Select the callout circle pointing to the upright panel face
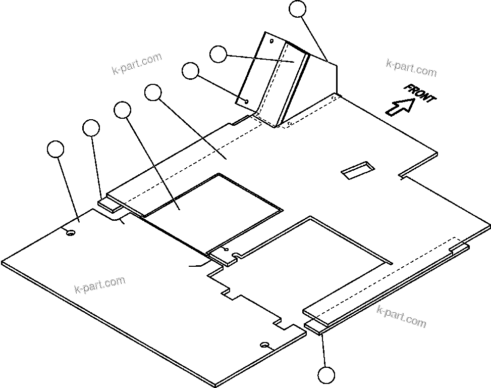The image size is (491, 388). click(x=218, y=54)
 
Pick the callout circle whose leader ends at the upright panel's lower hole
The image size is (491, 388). click(x=190, y=71)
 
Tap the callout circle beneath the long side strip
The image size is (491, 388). click(x=326, y=375)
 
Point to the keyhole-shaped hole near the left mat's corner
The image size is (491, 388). click(x=70, y=232)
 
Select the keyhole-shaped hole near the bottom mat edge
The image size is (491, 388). click(x=264, y=345)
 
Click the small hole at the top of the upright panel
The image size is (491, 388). click(x=271, y=40)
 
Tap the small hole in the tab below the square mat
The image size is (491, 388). click(x=226, y=249)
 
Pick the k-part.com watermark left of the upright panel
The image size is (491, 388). click(x=137, y=62)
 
